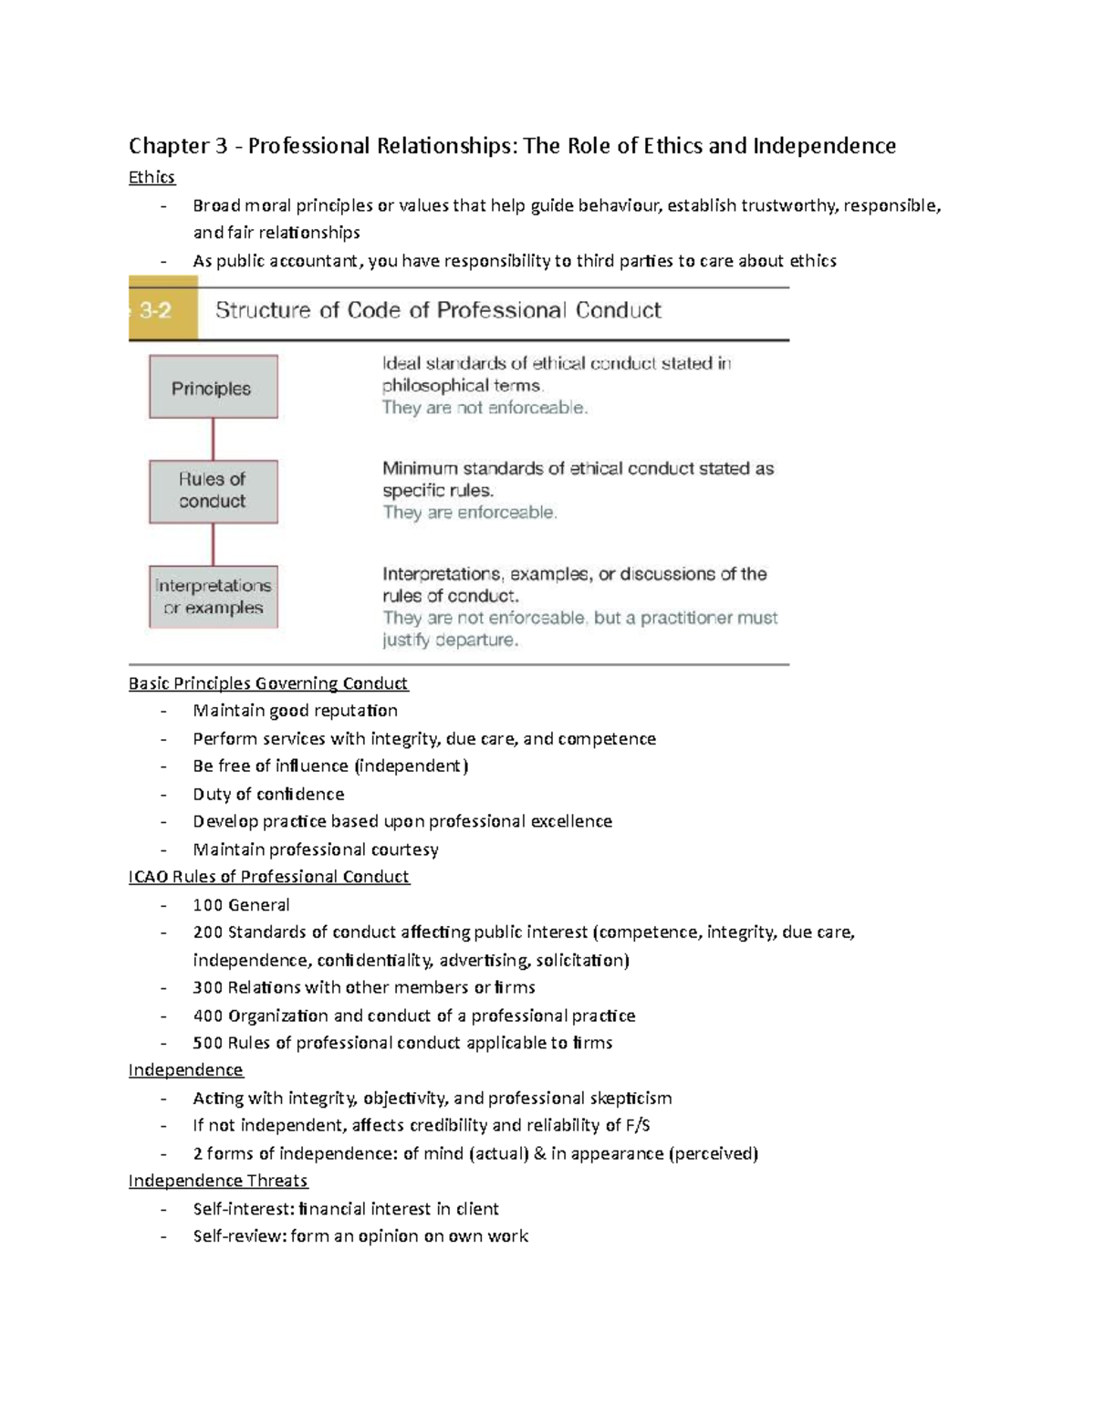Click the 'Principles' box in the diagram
pos(213,388)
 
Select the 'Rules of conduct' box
pos(213,491)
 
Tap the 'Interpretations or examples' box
pos(213,597)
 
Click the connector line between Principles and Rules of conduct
pos(213,439)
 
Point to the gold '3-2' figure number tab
pos(162,311)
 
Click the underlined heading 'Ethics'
pos(151,177)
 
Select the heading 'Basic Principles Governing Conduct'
pos(268,683)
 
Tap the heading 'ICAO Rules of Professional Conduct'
pos(268,877)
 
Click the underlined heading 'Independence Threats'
pos(218,1181)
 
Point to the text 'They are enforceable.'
pos(469,513)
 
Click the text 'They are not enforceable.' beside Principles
pos(485,408)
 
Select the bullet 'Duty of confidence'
pos(268,794)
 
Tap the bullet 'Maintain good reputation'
pos(295,711)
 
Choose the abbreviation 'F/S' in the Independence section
pos(638,1126)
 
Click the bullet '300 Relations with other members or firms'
pos(363,987)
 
